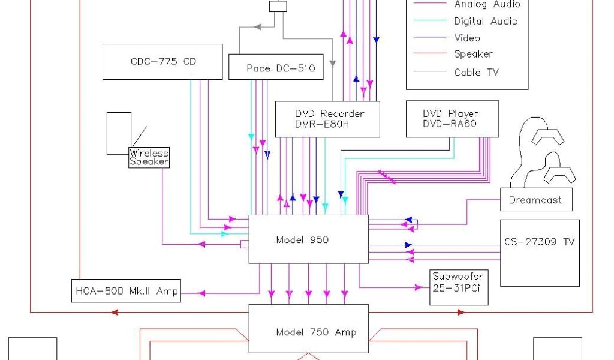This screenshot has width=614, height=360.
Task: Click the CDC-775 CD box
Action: point(162,61)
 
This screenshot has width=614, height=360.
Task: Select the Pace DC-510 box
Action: point(276,67)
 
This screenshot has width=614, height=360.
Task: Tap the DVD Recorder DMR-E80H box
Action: point(328,119)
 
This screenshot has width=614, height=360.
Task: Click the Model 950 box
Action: point(308,239)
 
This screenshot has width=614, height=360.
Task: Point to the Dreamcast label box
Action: point(536,200)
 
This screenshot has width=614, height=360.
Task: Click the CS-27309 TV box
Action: point(540,253)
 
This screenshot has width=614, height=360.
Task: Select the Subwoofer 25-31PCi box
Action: point(458,288)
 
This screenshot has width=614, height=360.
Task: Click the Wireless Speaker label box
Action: point(149,157)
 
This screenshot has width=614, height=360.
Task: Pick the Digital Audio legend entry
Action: point(486,21)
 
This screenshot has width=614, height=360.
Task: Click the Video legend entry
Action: point(467,38)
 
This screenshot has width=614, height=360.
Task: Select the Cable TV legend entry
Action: point(477,72)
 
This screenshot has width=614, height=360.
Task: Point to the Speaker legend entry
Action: point(473,54)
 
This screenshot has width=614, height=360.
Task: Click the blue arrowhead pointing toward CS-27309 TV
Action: point(408,245)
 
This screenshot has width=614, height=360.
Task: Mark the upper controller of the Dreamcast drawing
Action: point(548,137)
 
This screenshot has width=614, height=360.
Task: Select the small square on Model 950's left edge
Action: point(245,244)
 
